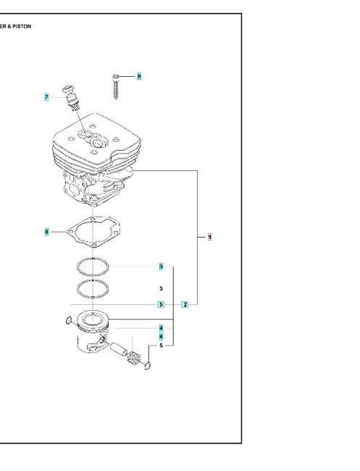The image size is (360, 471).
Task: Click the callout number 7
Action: pos(46,97)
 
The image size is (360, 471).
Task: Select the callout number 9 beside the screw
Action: pos(138,76)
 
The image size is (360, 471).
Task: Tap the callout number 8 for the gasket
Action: pos(46,232)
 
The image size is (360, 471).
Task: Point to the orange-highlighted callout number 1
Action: pos(209,237)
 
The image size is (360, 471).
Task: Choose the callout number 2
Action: pos(185,304)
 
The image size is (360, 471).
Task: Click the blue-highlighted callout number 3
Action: pos(161,267)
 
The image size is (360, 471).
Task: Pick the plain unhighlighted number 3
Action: pos(161,288)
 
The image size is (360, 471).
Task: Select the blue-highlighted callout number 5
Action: pos(161,304)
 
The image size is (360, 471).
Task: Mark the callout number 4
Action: pos(161,328)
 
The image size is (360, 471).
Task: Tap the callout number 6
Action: pos(161,336)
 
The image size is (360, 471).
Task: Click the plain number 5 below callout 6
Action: pos(161,346)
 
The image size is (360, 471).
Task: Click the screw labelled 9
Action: pos(117,86)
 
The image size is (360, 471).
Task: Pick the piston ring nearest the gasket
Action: pos(93,266)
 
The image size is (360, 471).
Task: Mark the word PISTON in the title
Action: pos(21,26)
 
